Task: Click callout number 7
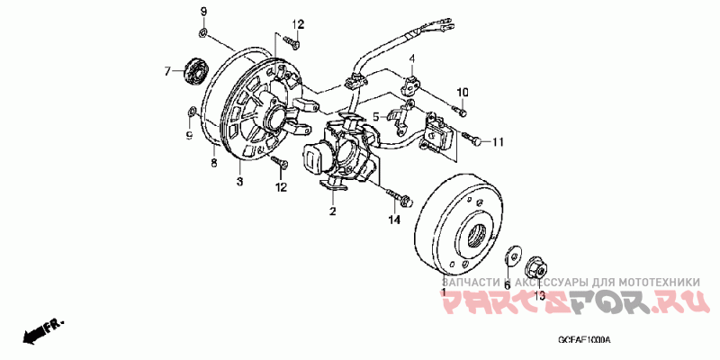[166, 69]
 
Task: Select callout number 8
[214, 163]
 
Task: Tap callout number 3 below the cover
[240, 182]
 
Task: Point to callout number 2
[332, 211]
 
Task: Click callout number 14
[393, 220]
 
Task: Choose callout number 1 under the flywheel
[443, 292]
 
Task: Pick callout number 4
[413, 59]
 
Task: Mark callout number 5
[375, 116]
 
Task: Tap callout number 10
[465, 93]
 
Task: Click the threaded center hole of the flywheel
[477, 238]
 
